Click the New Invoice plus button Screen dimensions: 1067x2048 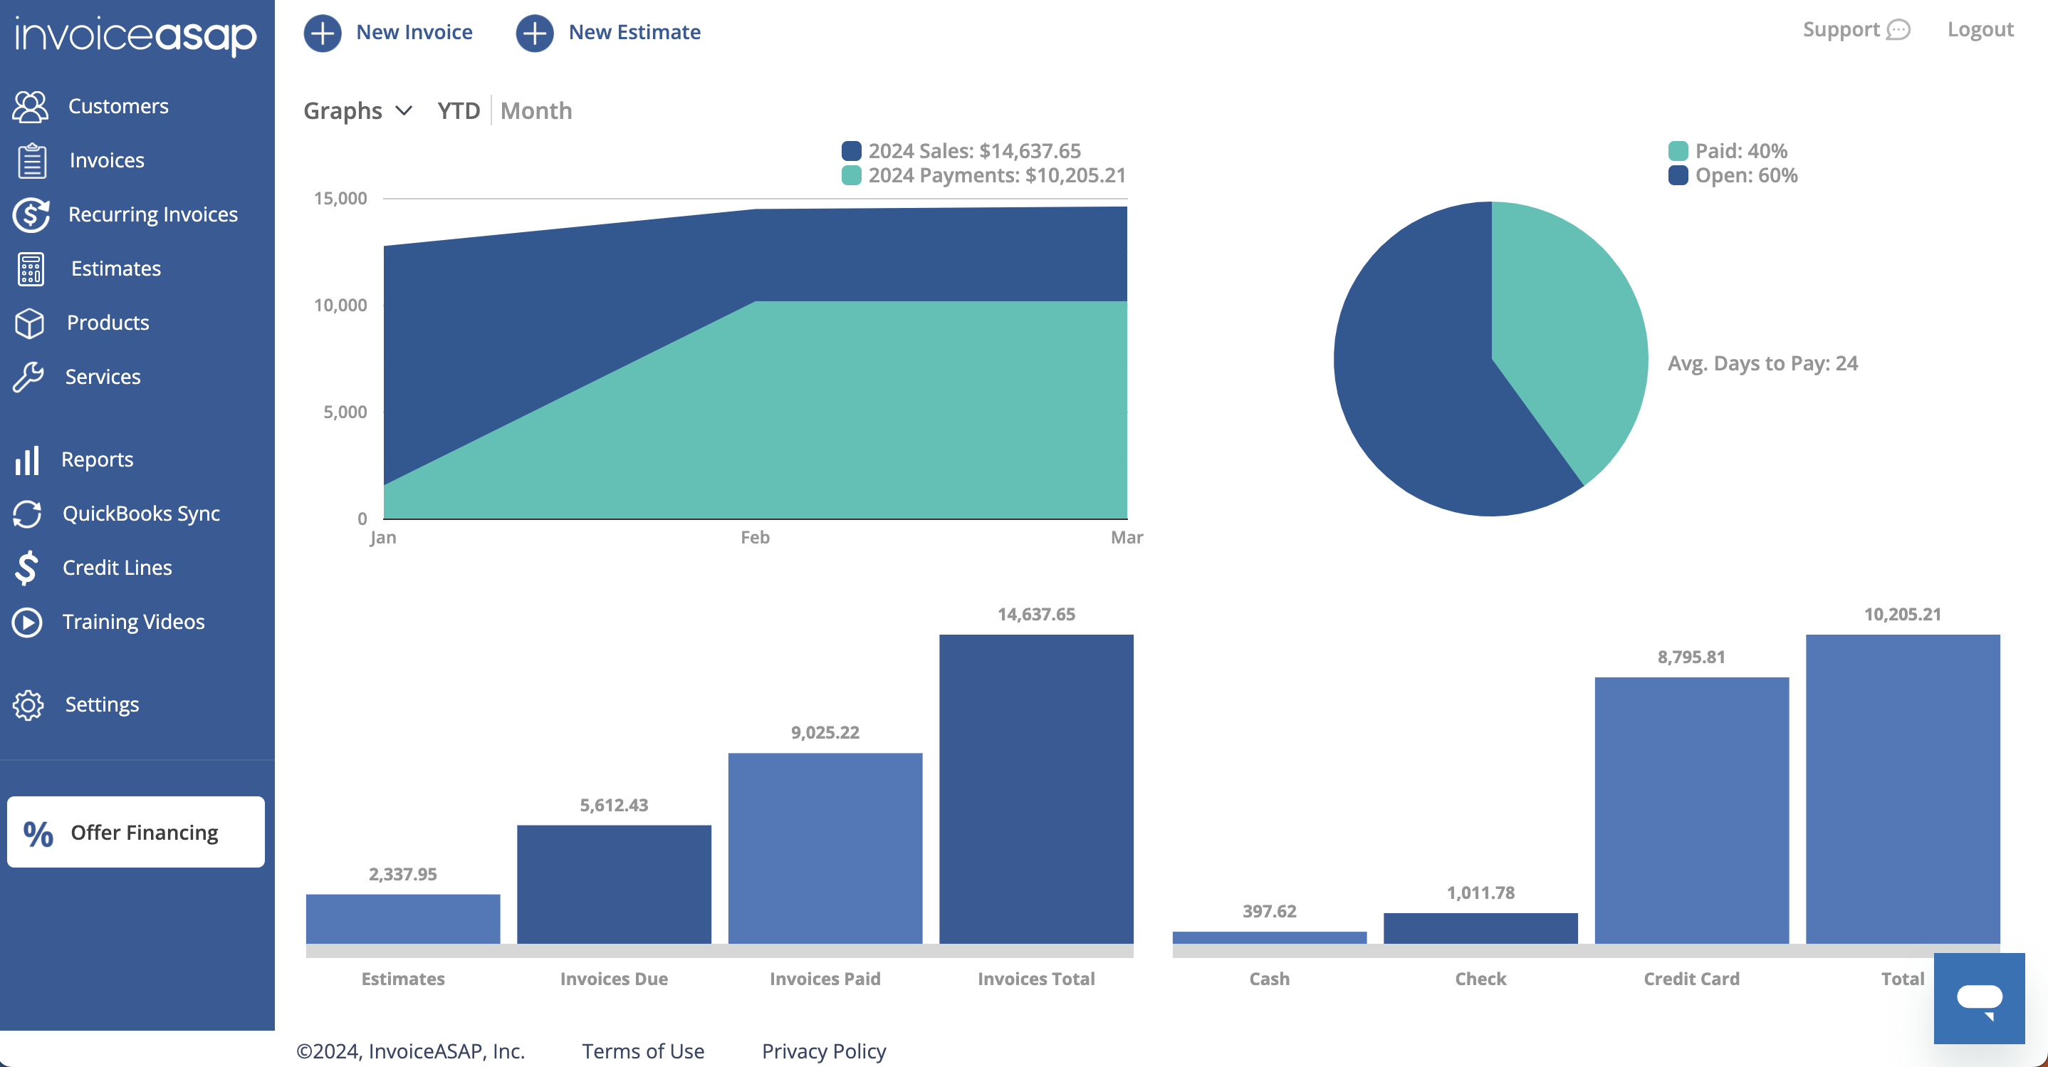(x=322, y=33)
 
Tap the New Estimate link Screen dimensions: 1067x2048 (x=634, y=33)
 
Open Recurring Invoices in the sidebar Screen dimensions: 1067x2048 (x=152, y=214)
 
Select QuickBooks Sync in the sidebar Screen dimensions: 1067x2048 (x=141, y=514)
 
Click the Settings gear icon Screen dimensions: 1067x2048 (x=28, y=704)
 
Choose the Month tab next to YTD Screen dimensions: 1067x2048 (x=535, y=110)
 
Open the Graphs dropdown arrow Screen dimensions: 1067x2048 (x=404, y=110)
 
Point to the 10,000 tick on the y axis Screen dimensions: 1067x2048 (x=340, y=306)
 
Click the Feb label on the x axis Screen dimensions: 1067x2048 (x=755, y=538)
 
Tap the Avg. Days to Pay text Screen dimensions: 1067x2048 (x=1762, y=363)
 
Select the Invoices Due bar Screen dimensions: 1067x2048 (x=614, y=884)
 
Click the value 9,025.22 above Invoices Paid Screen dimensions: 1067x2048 (x=825, y=732)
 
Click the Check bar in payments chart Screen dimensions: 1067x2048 (x=1480, y=928)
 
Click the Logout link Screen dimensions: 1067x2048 (x=1980, y=29)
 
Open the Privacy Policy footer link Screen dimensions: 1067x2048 (x=824, y=1051)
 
